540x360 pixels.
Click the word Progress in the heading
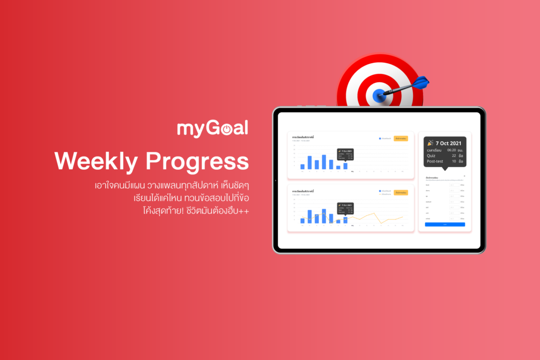click(x=197, y=162)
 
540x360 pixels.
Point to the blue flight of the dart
click(x=421, y=83)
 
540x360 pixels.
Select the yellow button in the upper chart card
click(x=401, y=139)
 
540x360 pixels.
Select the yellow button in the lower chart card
click(x=401, y=193)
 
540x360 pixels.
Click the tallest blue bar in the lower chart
click(x=310, y=216)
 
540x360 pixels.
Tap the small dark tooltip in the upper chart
click(x=345, y=154)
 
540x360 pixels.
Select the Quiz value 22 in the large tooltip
click(x=454, y=155)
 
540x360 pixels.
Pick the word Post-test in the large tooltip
click(x=436, y=161)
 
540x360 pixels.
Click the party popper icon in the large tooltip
click(x=430, y=143)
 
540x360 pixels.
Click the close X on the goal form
click(x=465, y=176)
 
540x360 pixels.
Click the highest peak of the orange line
click(x=374, y=213)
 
